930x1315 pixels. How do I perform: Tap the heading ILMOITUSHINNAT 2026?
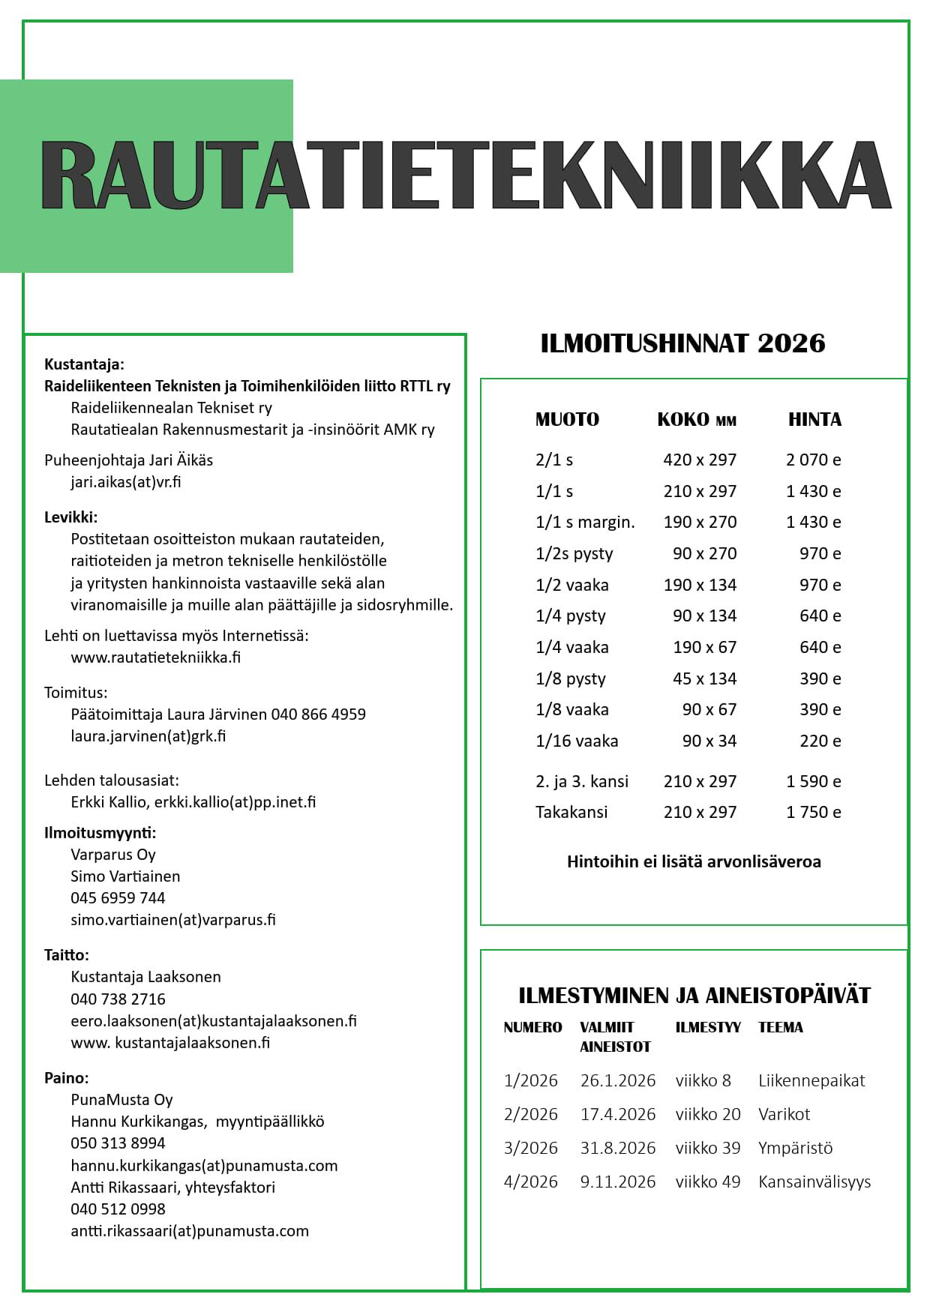pos(682,343)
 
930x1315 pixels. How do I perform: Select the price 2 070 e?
pos(813,460)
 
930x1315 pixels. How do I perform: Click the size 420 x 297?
pos(699,460)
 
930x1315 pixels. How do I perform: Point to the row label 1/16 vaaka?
pos(577,741)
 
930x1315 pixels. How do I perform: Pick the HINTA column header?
pos(814,420)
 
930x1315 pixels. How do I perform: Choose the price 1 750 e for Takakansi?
pos(813,812)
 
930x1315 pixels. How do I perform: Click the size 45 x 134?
pos(704,678)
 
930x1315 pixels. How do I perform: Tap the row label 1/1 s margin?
pos(585,522)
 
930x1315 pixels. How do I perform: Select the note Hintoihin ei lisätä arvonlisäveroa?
pos(694,861)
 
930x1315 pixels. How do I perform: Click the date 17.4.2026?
pos(617,1114)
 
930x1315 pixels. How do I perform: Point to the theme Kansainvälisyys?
pos(814,1182)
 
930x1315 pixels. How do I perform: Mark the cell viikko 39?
pos(707,1148)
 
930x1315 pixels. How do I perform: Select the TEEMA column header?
pos(780,1027)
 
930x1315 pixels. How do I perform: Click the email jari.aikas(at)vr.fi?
pos(126,481)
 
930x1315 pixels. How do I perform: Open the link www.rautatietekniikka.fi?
pos(155,657)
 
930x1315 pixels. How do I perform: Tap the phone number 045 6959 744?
pos(118,897)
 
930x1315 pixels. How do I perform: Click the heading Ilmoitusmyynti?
pos(100,832)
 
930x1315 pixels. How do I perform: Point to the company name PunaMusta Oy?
pos(121,1099)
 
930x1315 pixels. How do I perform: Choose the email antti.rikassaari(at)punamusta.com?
pos(190,1230)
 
